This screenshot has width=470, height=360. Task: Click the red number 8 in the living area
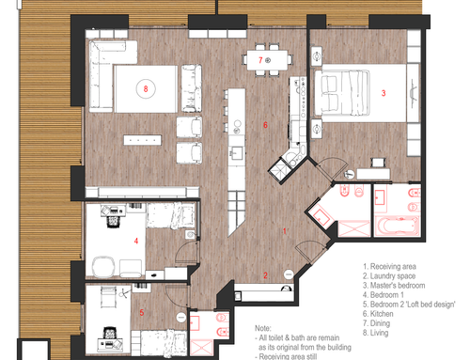coord(146,89)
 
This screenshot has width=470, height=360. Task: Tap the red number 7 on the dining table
coord(260,60)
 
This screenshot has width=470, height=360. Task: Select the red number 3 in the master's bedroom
coord(384,93)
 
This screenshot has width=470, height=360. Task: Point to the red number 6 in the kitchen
coord(265,125)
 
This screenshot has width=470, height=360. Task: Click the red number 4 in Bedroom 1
coord(136,241)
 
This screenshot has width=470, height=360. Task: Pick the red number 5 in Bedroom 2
coord(142,312)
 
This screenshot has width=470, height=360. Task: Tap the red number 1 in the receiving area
coord(285,231)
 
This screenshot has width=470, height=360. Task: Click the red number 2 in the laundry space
coord(265,275)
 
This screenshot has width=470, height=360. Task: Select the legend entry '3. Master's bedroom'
coord(394,286)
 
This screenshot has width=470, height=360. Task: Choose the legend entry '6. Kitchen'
coord(378,314)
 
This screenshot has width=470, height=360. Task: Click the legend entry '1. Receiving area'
coord(389,267)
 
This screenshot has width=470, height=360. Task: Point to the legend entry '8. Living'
coord(375,333)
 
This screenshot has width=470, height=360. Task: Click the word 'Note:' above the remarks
coord(263,328)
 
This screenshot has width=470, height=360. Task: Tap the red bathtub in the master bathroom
coord(397,226)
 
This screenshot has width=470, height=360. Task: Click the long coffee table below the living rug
coord(143,140)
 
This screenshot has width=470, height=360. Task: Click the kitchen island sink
coord(237,153)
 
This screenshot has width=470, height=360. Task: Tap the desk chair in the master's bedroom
coord(378,163)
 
